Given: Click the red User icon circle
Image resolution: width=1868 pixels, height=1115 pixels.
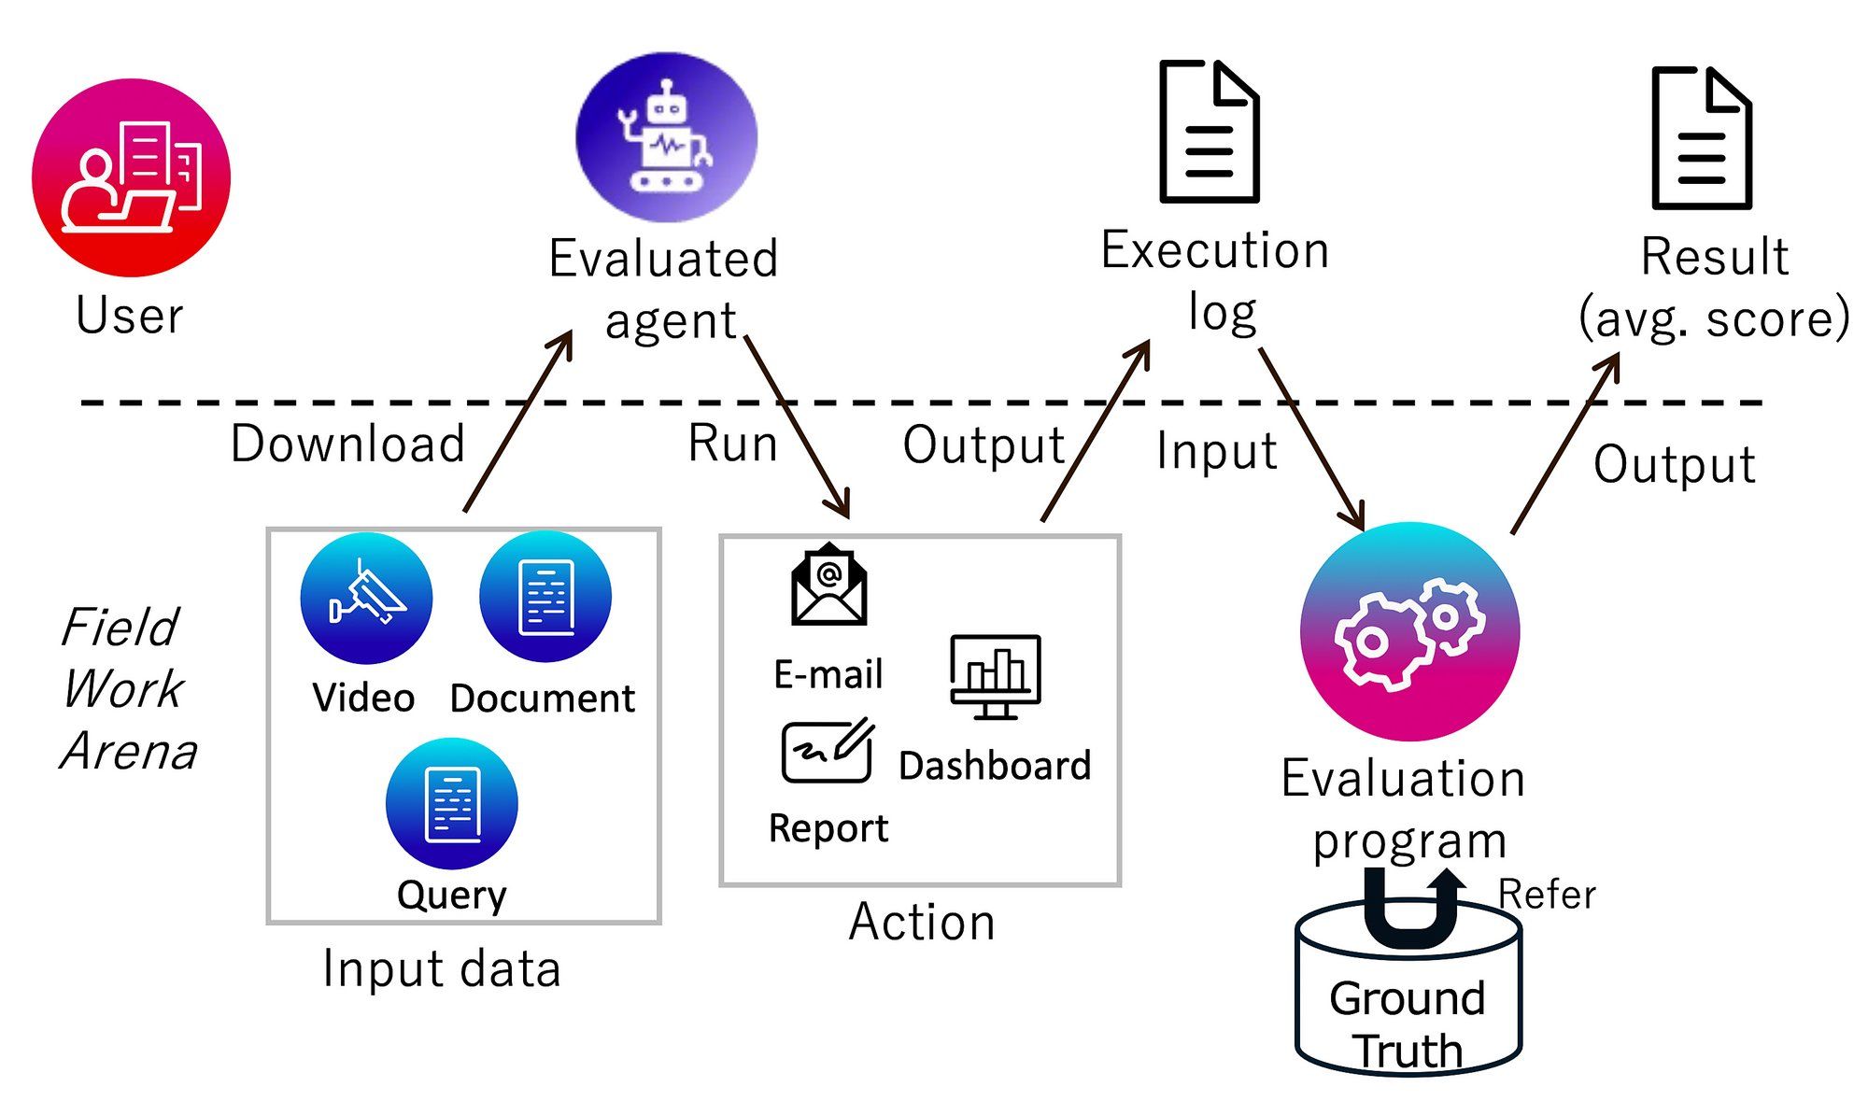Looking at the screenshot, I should tap(131, 177).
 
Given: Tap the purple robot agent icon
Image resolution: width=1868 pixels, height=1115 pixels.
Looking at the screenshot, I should tap(666, 137).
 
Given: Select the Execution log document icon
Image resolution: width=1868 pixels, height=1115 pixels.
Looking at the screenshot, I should tap(1209, 132).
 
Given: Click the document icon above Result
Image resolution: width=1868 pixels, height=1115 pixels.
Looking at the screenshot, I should tap(1701, 137).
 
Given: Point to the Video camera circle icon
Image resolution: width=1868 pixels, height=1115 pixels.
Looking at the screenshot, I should tap(366, 598).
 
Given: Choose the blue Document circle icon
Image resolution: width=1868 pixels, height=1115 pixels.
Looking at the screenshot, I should tap(545, 597).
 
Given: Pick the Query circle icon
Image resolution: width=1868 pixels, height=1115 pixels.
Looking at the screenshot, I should tap(452, 803).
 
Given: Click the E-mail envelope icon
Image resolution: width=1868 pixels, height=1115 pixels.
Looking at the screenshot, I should tap(828, 586).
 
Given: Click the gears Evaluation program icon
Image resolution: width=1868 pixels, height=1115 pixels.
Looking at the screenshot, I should tap(1409, 632).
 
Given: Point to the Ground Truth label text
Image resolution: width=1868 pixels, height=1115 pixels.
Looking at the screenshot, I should tap(1408, 1023).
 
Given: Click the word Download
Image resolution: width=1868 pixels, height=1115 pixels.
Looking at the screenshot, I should tap(347, 444).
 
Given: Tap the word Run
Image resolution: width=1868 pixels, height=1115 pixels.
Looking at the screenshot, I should tap(732, 444).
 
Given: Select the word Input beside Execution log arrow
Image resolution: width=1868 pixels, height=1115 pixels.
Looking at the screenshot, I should tap(1216, 452).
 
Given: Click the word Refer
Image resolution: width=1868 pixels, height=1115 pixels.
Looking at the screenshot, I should tap(1547, 895).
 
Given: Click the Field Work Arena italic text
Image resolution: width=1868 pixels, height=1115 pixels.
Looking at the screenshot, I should tap(127, 689).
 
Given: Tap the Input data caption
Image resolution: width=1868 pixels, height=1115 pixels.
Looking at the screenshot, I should tap(441, 969).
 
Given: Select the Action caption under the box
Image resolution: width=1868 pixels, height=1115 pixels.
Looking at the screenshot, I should tap(922, 923).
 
